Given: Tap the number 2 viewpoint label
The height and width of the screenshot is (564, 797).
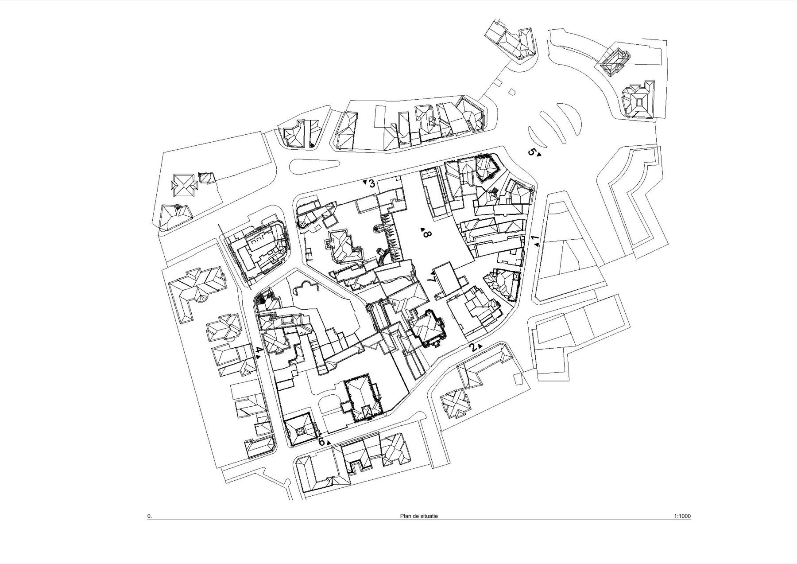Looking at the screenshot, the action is [473, 347].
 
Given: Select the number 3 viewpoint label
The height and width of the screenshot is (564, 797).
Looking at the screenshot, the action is [372, 183].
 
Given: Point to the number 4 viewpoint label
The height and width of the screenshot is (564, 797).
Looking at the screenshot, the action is [259, 350].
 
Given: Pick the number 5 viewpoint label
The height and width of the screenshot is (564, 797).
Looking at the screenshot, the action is [532, 152].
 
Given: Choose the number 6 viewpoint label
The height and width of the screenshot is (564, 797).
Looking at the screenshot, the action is [322, 442].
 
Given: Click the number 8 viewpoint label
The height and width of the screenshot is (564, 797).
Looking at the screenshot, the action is [427, 233].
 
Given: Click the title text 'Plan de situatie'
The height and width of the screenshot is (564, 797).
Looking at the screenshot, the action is [419, 516].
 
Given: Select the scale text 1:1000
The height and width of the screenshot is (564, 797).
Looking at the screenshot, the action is [682, 516].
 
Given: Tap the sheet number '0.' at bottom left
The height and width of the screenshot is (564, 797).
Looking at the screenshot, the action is [150, 516].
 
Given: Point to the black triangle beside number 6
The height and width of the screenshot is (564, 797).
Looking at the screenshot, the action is [329, 443].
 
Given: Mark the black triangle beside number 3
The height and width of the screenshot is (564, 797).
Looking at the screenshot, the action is [365, 181].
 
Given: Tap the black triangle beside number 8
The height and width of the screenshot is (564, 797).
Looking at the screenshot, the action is [423, 229].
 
